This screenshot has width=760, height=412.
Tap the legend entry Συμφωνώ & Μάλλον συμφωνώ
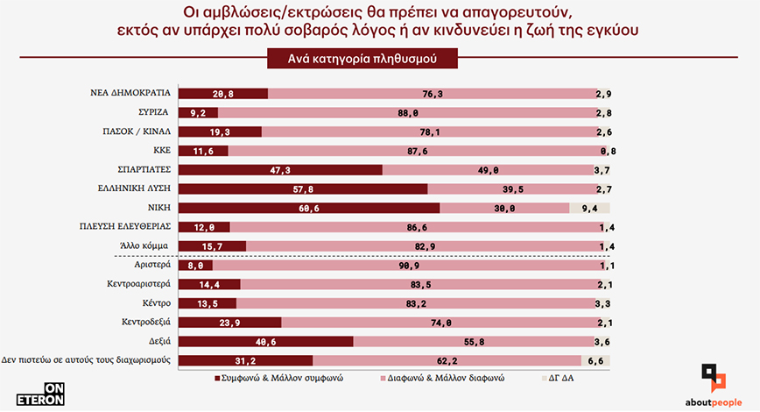(x=272, y=380)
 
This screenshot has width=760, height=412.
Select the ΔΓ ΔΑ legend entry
(x=559, y=380)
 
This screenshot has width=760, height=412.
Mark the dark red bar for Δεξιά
(x=266, y=341)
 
